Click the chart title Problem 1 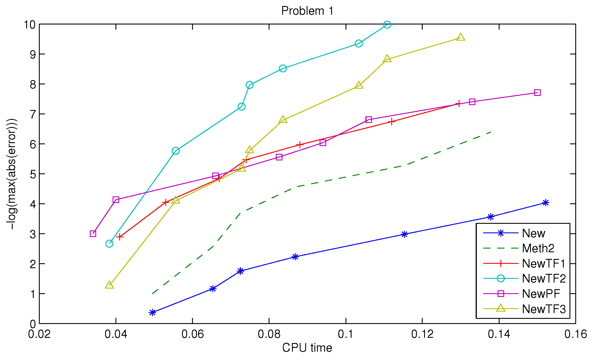pyautogui.click(x=307, y=11)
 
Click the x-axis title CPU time pyautogui.click(x=307, y=348)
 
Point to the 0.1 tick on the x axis pyautogui.click(x=346, y=334)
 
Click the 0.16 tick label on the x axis pyautogui.click(x=575, y=334)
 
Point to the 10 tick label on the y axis pyautogui.click(x=30, y=24)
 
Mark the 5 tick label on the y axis pyautogui.click(x=33, y=174)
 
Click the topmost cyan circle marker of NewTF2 pyautogui.click(x=387, y=25)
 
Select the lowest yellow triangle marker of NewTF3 pyautogui.click(x=109, y=285)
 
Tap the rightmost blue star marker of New pyautogui.click(x=545, y=203)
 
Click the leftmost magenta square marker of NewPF pyautogui.click(x=93, y=234)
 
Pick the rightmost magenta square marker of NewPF pyautogui.click(x=537, y=92)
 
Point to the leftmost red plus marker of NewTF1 pyautogui.click(x=119, y=237)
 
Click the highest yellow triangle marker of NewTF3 pyautogui.click(x=460, y=37)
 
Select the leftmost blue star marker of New pyautogui.click(x=153, y=312)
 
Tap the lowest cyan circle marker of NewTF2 pyautogui.click(x=109, y=244)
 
